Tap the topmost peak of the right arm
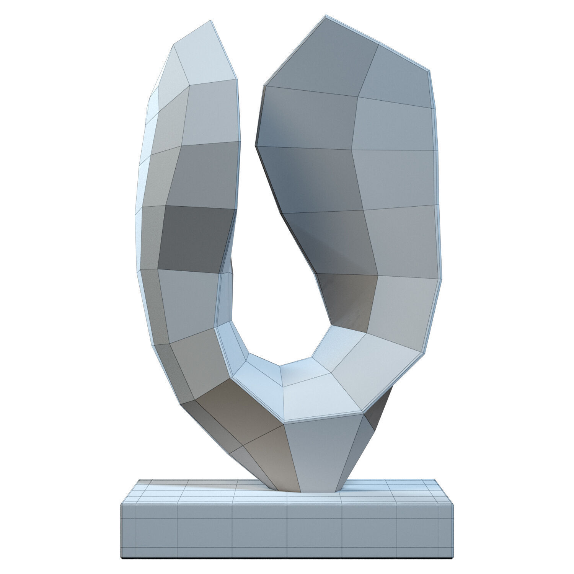click(326, 16)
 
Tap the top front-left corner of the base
click(121, 504)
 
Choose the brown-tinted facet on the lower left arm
click(237, 406)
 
